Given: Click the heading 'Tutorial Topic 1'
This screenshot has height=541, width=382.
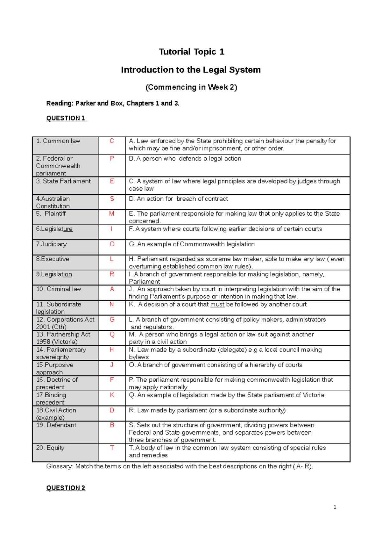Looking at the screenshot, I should pos(191,52).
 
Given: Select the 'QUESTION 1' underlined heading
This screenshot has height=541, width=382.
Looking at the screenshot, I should pos(66,118).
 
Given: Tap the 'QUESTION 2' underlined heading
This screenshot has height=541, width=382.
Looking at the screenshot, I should pos(66,488).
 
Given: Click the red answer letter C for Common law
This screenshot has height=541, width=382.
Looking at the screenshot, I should pos(112,141).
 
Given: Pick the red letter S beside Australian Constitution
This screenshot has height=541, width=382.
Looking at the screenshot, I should pos(112,198).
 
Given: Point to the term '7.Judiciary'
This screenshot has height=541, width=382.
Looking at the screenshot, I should pos(51,244).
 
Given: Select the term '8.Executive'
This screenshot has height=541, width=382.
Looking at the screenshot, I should pos(53,259).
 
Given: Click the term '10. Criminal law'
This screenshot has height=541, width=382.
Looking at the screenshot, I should pos(59,289).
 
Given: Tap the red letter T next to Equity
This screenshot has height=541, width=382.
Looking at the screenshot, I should pos(112,448).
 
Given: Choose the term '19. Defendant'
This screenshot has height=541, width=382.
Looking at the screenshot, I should pos(56,425).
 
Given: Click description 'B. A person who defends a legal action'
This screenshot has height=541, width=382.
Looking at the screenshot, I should pos(185,158).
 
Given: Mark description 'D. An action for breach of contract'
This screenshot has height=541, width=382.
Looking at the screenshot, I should pos(178,198).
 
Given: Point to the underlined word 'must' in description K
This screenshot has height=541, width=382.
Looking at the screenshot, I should pos(217,304).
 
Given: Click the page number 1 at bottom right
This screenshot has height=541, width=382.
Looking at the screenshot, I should pos(335,507).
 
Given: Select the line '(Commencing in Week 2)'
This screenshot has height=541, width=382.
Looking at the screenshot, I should pos(191,87).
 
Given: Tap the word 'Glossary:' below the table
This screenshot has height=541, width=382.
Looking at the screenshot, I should pos(60,466).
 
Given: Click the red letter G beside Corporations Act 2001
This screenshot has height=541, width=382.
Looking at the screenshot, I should pos(112,319).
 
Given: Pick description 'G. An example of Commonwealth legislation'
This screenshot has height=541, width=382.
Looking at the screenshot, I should pos(192,244).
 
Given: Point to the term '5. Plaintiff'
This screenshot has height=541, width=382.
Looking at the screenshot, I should pos(51,213).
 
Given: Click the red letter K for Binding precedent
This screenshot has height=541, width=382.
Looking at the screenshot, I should pos(112,395).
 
